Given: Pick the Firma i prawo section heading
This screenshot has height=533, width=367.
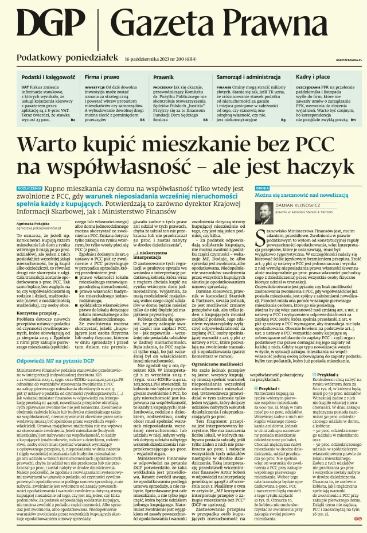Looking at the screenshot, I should [x=102, y=76].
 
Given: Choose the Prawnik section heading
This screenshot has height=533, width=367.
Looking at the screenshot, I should [x=163, y=76].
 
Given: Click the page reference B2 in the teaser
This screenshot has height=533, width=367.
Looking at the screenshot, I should [x=73, y=120].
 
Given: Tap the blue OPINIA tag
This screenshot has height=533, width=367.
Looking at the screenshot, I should [x=262, y=188].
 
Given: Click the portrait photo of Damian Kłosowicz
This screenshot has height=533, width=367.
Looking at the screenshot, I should [x=264, y=214].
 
